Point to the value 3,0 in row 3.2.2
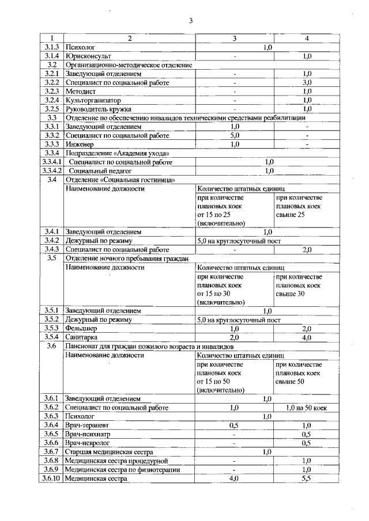(307, 82)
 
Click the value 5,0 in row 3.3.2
(235, 135)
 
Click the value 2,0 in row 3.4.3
(307, 249)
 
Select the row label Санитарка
(81, 337)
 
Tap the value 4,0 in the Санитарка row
(307, 337)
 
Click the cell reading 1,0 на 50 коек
(307, 408)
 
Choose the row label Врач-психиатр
(88, 433)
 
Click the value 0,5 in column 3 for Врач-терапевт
(235, 425)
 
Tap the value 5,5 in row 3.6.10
(307, 478)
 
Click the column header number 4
(307, 39)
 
